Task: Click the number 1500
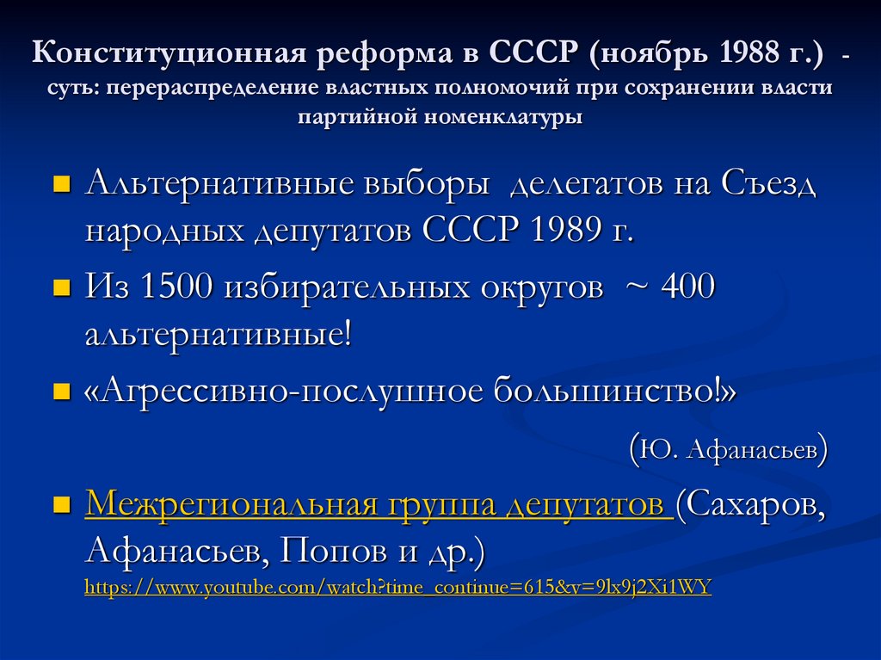pos(176,287)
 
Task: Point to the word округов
pos(537,287)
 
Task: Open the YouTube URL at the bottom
pos(397,589)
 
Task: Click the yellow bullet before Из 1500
pos(62,288)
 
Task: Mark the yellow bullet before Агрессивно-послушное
pos(62,392)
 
